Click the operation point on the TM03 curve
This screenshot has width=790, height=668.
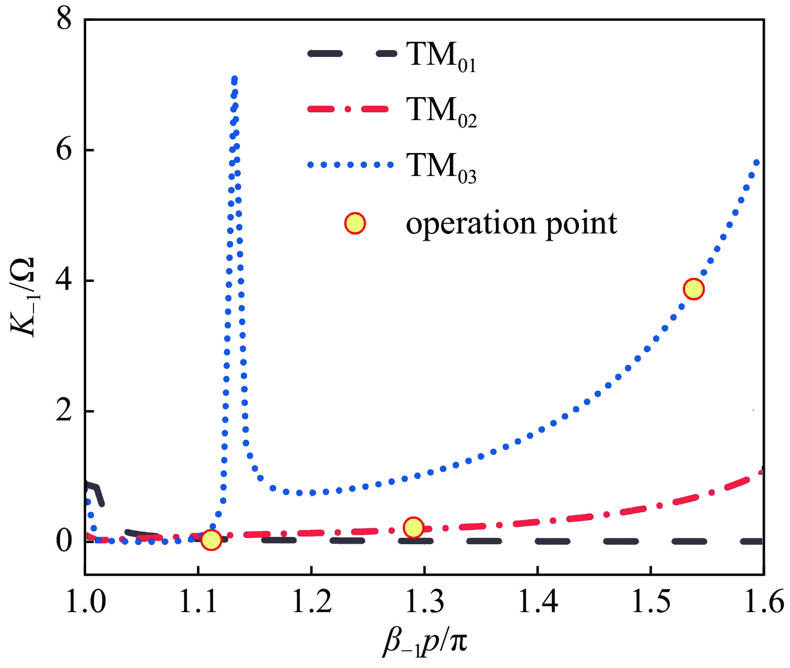click(x=693, y=288)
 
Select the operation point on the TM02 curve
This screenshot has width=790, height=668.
click(x=413, y=528)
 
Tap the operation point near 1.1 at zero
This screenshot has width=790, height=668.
click(x=211, y=540)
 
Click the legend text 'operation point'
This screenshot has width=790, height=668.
click(x=512, y=224)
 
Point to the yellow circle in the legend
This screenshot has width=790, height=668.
click(x=355, y=224)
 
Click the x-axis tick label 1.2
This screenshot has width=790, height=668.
click(x=312, y=602)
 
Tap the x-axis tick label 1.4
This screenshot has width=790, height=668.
click(x=538, y=602)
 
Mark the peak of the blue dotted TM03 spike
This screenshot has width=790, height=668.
click(x=234, y=79)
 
